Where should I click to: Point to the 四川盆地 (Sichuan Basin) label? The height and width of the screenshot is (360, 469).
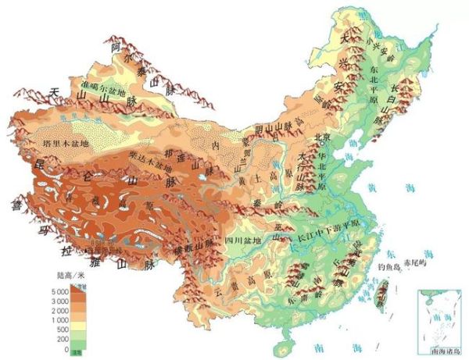pyautogui.click(x=245, y=240)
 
